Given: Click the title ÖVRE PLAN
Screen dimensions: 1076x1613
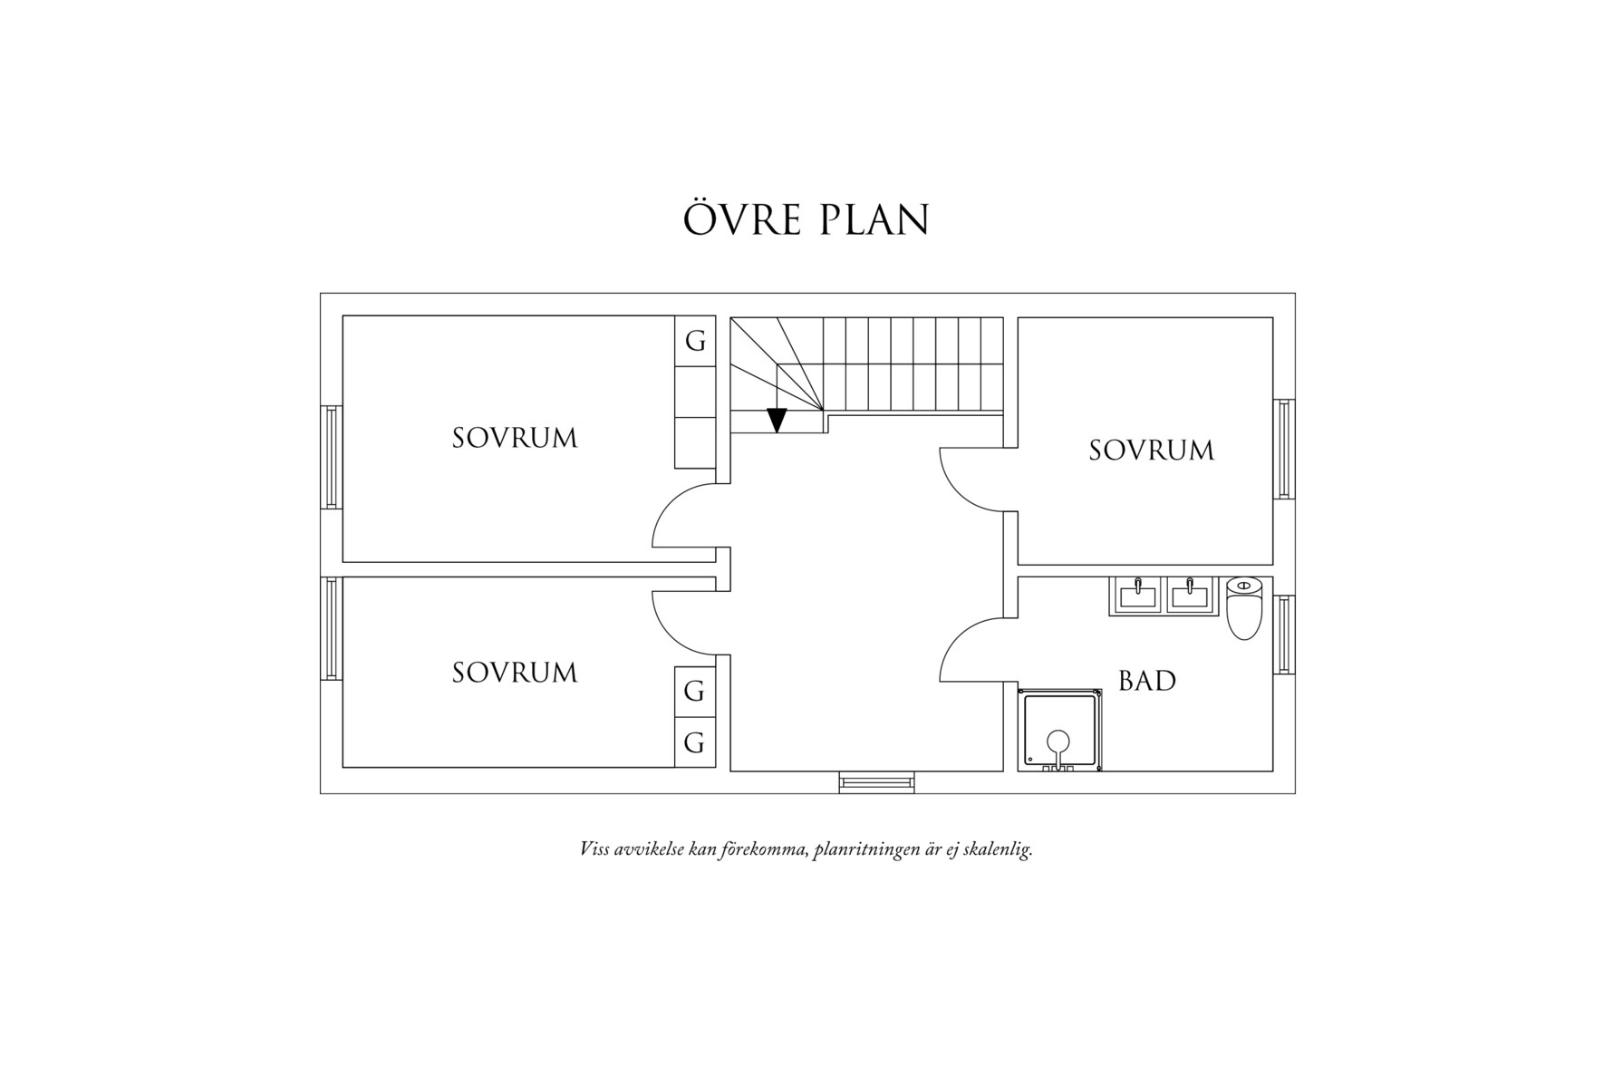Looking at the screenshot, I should click(x=806, y=220).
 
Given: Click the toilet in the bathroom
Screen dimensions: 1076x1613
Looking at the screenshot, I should click(x=1243, y=608).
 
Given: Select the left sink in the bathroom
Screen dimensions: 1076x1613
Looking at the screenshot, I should click(x=1136, y=596).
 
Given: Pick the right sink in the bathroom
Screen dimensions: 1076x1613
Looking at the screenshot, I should click(x=1190, y=596).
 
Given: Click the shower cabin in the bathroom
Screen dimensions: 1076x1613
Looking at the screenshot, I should click(x=1060, y=731).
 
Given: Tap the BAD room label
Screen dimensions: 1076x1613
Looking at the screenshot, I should click(x=1146, y=681).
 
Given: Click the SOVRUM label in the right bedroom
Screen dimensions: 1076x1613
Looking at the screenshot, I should click(x=1151, y=451).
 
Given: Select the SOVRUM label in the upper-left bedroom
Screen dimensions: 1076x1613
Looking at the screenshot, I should click(x=514, y=439).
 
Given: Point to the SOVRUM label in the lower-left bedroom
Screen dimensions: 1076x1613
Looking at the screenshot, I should click(x=514, y=673).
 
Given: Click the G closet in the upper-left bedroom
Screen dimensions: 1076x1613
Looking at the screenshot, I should click(x=695, y=342).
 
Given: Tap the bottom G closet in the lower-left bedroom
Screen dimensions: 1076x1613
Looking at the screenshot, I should click(x=694, y=744).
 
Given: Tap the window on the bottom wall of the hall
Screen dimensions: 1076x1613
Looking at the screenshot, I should click(x=875, y=782).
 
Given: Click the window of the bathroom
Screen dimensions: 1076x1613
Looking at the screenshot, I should click(x=1284, y=635).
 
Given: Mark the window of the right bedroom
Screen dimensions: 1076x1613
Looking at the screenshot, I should click(x=1284, y=449).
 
